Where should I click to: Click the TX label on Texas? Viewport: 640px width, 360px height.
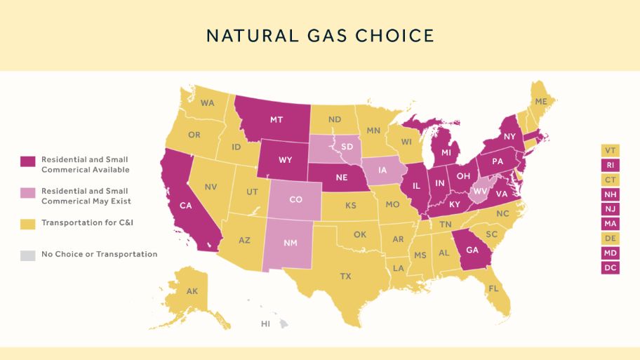[345, 276]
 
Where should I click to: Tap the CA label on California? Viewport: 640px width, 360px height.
[186, 206]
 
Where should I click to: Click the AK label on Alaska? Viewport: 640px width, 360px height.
[192, 291]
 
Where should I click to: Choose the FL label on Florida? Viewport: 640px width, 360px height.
[494, 288]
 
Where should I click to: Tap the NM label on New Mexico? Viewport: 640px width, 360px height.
[290, 243]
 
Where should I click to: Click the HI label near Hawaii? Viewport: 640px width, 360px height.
[265, 324]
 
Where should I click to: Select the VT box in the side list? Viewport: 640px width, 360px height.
[610, 150]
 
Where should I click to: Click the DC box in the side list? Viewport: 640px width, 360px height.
[610, 267]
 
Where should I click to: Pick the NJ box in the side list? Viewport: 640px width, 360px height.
[610, 208]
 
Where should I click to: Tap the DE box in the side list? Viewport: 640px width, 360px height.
[610, 238]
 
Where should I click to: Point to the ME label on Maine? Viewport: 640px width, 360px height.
[540, 102]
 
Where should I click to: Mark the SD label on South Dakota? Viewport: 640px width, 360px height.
[346, 147]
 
